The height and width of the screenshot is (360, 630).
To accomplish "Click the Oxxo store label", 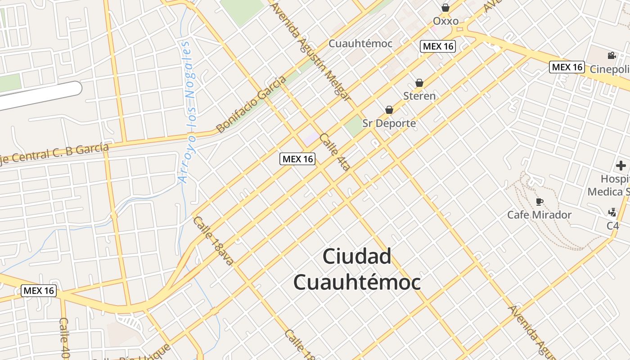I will pyautogui.click(x=445, y=21).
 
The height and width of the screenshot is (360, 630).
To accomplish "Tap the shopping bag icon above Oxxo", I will pyautogui.click(x=445, y=8).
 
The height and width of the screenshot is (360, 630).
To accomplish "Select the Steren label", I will pyautogui.click(x=419, y=96).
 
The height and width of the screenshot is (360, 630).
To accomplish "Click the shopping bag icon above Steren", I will pyautogui.click(x=419, y=83).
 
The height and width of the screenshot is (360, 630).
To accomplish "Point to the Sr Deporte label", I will pyautogui.click(x=389, y=123).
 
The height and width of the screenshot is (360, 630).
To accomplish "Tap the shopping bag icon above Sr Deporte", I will pyautogui.click(x=389, y=110).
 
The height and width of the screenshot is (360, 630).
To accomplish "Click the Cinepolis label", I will pyautogui.click(x=610, y=69).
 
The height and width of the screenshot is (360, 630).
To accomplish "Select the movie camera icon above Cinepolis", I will pyautogui.click(x=612, y=55).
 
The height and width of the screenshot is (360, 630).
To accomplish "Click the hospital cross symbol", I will pyautogui.click(x=621, y=166).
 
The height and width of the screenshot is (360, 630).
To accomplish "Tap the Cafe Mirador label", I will pyautogui.click(x=539, y=215).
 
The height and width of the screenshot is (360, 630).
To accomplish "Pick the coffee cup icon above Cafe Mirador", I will pyautogui.click(x=539, y=201).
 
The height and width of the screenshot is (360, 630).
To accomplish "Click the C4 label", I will pyautogui.click(x=613, y=225).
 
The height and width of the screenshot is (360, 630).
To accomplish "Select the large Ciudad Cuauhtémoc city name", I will pyautogui.click(x=357, y=269).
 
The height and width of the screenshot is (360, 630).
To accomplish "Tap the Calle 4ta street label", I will pyautogui.click(x=335, y=152).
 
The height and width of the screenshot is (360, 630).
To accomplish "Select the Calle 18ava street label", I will pyautogui.click(x=213, y=241).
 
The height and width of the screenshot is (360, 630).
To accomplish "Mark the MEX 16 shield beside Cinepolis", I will pyautogui.click(x=567, y=67).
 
